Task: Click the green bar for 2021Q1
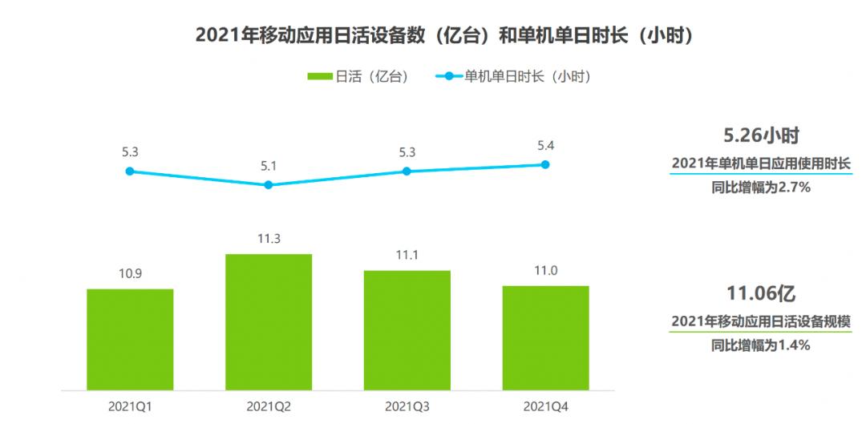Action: pyautogui.click(x=130, y=339)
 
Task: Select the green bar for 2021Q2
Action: pyautogui.click(x=269, y=321)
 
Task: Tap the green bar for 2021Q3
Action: pyautogui.click(x=407, y=330)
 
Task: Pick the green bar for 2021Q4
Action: pyautogui.click(x=545, y=337)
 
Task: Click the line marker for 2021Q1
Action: pyautogui.click(x=130, y=171)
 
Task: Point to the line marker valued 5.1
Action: pyautogui.click(x=269, y=184)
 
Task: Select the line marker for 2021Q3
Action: pyautogui.click(x=407, y=171)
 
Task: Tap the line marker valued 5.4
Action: pyautogui.click(x=545, y=164)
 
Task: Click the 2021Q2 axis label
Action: pyautogui.click(x=269, y=406)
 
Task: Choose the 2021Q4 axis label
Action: pyautogui.click(x=545, y=406)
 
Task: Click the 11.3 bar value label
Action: pyautogui.click(x=269, y=239)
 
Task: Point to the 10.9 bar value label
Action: pyautogui.click(x=130, y=273)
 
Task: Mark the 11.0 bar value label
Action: pyautogui.click(x=545, y=271)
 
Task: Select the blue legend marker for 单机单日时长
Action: pyautogui.click(x=448, y=77)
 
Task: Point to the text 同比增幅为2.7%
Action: pyautogui.click(x=760, y=188)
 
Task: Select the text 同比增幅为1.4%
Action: pyautogui.click(x=760, y=345)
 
